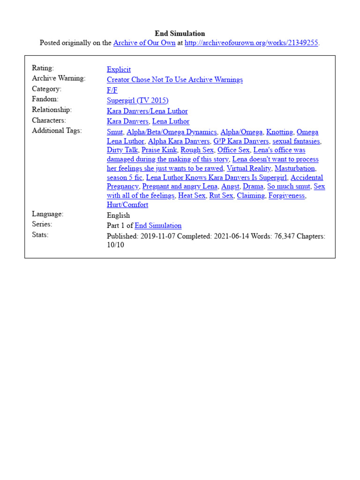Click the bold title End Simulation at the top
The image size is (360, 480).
(180, 33)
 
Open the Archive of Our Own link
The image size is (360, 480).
(144, 43)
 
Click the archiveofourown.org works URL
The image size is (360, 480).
(251, 43)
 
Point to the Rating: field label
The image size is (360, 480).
(43, 68)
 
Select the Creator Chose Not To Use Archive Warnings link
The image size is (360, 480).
(174, 80)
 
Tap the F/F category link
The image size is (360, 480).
(112, 90)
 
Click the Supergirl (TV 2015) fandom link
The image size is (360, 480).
(137, 100)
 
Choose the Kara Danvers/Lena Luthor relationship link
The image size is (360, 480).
(147, 111)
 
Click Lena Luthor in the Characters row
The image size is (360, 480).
(171, 121)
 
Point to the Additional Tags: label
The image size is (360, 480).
(57, 131)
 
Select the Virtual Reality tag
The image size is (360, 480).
(248, 168)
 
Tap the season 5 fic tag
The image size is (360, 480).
(124, 178)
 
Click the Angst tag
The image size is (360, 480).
(231, 187)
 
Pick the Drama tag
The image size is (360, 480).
(253, 187)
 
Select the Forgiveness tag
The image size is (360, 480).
(286, 195)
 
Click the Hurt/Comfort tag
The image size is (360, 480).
(127, 205)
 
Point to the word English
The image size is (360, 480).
(118, 215)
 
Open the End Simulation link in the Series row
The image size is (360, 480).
(158, 225)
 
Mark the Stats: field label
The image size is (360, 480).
(40, 235)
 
